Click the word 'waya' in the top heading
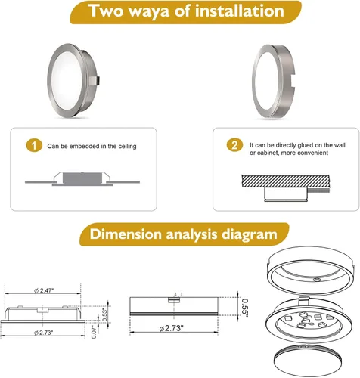(149, 11)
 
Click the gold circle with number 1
(34, 145)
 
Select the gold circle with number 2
(234, 145)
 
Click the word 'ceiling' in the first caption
(128, 147)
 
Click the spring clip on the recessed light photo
(95, 81)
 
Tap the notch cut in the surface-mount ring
(292, 81)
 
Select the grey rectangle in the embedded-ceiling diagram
(82, 178)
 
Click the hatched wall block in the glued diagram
(286, 181)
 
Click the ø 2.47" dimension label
(44, 290)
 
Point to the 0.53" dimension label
(105, 314)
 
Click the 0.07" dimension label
(94, 332)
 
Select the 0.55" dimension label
(245, 306)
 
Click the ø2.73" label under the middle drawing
(172, 328)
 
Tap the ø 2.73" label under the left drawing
(43, 333)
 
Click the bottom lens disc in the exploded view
(308, 361)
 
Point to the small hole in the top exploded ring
(316, 279)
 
